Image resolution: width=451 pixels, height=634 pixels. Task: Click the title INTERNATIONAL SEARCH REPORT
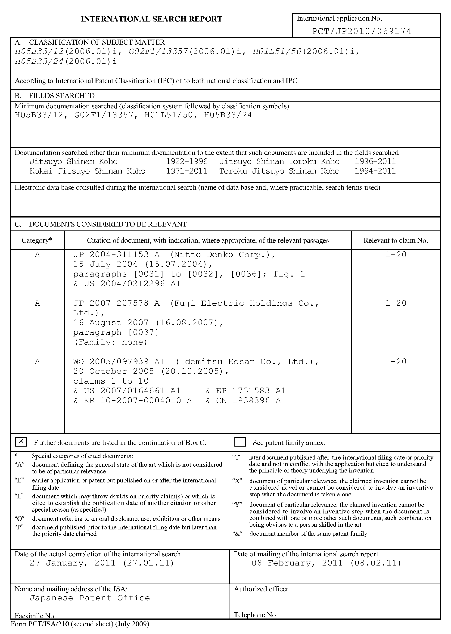point(152,19)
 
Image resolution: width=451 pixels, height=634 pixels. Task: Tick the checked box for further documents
point(21,442)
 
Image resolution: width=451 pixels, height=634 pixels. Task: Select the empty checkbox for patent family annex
point(240,442)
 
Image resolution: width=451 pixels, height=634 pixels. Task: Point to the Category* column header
point(37,240)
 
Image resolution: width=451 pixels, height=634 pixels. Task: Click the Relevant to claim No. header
point(395,240)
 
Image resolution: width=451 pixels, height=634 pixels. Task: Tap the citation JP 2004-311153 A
point(116,255)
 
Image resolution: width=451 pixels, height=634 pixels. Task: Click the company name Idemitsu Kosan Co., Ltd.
point(247,362)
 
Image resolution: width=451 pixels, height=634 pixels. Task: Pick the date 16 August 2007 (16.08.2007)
point(148,323)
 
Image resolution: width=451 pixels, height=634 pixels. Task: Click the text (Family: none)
point(111,342)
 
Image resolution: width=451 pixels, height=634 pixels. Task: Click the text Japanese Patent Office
point(90,598)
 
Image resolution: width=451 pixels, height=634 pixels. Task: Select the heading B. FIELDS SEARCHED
point(55,96)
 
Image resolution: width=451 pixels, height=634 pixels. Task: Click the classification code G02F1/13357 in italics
point(158,52)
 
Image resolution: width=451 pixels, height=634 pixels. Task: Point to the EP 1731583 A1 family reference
point(251,391)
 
